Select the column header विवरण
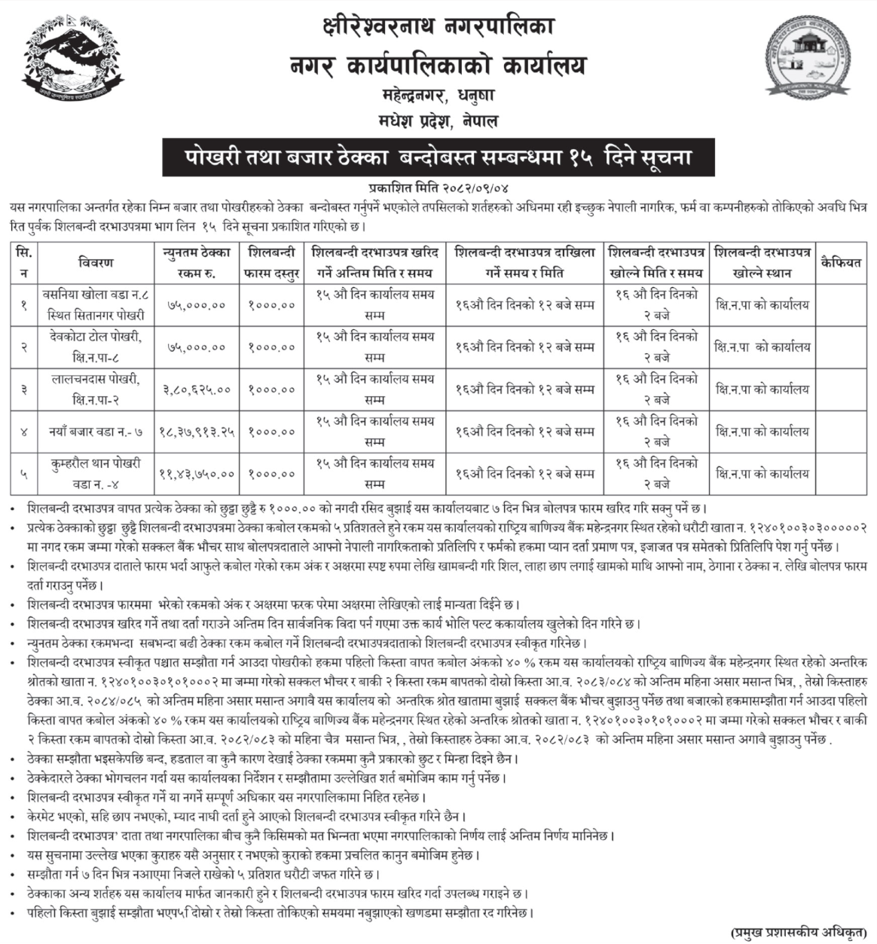[95, 262]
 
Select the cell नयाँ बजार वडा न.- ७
[95, 432]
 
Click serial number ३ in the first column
[25, 390]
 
